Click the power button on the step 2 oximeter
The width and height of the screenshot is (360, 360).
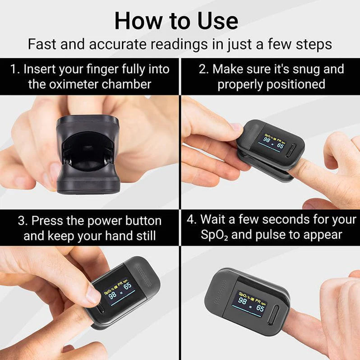point(292,150)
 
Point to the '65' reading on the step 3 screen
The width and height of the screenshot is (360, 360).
point(127,286)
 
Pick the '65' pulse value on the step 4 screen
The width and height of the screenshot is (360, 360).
point(260,309)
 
